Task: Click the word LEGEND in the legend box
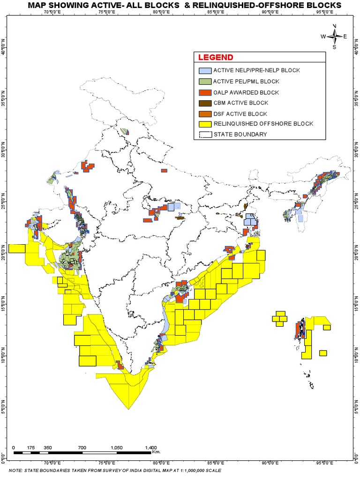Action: click(x=216, y=58)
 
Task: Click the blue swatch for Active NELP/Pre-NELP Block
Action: click(x=204, y=71)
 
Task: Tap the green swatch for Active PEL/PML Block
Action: click(x=204, y=82)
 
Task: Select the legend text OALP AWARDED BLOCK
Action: click(x=246, y=92)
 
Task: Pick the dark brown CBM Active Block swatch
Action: click(x=204, y=103)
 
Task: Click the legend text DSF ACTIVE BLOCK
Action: click(x=240, y=114)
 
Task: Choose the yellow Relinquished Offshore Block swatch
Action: click(x=204, y=124)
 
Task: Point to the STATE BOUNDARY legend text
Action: click(x=240, y=135)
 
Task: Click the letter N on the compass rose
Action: click(x=334, y=26)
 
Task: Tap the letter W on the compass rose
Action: click(x=323, y=36)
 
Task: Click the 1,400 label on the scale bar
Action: click(x=151, y=448)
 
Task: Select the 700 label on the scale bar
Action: click(x=82, y=448)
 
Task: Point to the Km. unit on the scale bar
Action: click(x=157, y=452)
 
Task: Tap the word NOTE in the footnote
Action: click(x=15, y=470)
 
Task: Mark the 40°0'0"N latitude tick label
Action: click(x=4, y=48)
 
